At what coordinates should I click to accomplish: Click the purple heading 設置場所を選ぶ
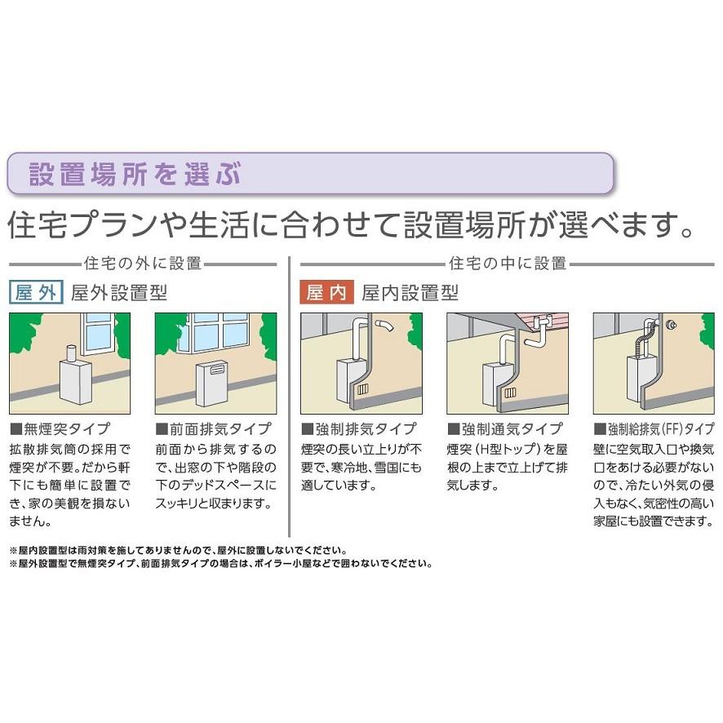click(x=135, y=173)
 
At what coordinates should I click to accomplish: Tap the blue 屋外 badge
click(x=37, y=292)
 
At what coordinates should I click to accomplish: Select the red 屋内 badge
click(x=326, y=292)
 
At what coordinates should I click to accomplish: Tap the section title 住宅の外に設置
click(x=142, y=264)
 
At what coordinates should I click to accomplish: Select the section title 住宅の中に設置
click(x=507, y=264)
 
